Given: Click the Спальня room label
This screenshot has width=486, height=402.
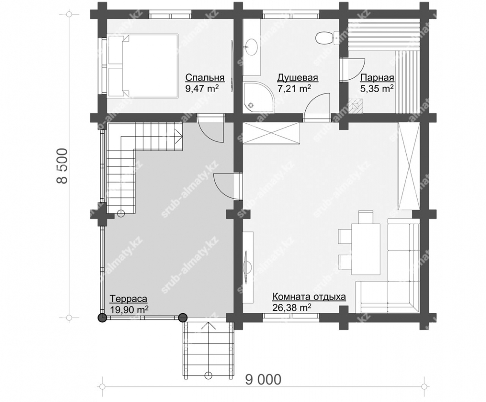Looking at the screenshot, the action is [x=205, y=78].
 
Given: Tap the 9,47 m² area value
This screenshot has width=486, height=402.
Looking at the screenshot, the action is [x=202, y=88].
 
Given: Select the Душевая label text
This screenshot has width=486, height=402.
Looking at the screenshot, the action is [x=297, y=78].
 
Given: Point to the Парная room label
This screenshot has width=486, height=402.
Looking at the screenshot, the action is [x=377, y=78].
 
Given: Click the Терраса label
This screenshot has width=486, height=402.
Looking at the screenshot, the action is [x=128, y=298].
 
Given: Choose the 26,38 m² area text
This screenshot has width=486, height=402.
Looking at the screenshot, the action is [x=292, y=308].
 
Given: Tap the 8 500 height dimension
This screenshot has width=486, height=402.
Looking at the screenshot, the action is [x=62, y=166].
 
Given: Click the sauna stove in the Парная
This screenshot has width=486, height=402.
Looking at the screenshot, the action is [x=356, y=106].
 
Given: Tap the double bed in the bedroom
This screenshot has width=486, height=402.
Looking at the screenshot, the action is [x=142, y=66].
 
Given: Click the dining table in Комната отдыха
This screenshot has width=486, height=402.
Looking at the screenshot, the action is [x=366, y=249].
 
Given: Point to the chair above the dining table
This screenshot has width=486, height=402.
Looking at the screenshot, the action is [x=366, y=217].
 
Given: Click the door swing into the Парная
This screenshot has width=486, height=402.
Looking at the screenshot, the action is [x=352, y=69].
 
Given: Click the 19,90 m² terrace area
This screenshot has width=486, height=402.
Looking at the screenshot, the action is [x=129, y=309].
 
